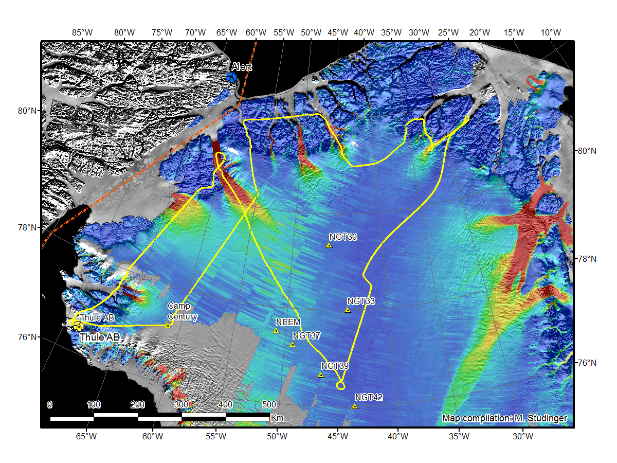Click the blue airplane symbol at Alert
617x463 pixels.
tap(231, 77)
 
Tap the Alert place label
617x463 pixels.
tap(242, 67)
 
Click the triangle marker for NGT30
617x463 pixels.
tap(329, 245)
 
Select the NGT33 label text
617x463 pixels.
tap(361, 301)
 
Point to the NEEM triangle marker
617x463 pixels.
tap(276, 331)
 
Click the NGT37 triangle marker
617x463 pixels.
tap(293, 345)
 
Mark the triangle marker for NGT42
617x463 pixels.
tap(354, 406)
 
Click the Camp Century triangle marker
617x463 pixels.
tap(168, 325)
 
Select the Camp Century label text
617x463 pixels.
tap(182, 312)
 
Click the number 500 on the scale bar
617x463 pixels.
tap(269, 404)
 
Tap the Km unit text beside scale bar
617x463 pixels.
tap(277, 418)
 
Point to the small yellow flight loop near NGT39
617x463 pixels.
tap(340, 385)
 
